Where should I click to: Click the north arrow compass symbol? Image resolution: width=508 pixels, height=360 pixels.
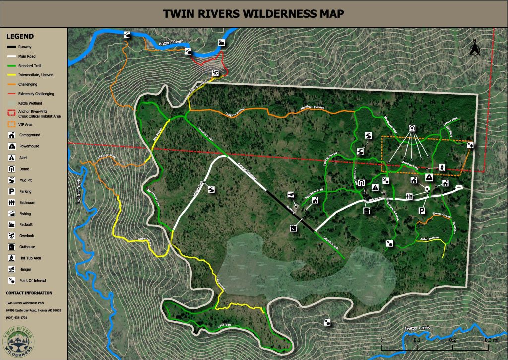474,48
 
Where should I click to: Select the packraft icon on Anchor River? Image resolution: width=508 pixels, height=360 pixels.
221,43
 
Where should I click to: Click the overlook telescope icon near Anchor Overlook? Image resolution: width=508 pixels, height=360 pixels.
215,73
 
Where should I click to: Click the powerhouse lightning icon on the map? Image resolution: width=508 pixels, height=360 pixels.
429,177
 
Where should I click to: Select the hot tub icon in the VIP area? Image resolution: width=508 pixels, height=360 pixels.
442,167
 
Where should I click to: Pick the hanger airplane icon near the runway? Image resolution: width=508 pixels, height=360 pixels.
291,195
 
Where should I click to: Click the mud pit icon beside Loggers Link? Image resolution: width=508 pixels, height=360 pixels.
211,189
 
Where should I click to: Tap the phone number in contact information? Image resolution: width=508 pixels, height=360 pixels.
17,317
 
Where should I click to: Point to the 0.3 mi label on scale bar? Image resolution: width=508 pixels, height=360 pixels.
488,340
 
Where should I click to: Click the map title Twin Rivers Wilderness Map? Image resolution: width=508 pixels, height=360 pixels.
254,13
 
